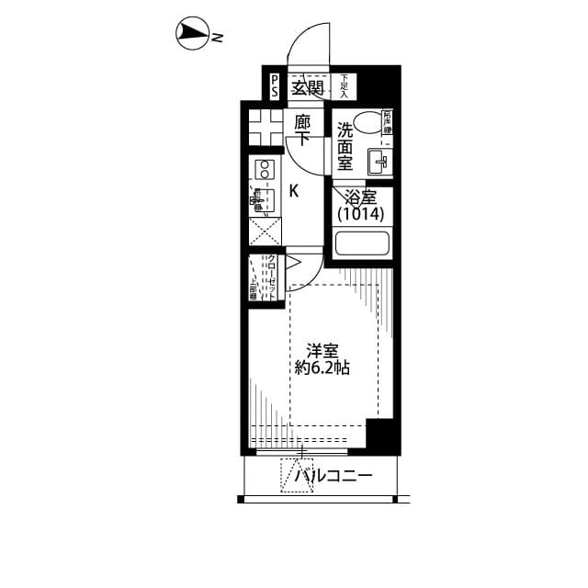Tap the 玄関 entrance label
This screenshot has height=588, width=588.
point(307,88)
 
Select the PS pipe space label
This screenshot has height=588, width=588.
point(275,88)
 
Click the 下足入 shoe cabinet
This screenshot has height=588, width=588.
point(344,87)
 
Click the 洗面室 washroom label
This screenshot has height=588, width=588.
point(345,146)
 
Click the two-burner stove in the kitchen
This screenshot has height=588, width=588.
point(265,169)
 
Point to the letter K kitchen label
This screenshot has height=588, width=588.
point(294,191)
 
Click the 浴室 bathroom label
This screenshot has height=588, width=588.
point(356,197)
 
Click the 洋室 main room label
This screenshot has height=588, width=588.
point(322,350)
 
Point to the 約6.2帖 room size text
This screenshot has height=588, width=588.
point(322,367)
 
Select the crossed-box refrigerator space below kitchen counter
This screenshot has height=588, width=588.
point(265,231)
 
